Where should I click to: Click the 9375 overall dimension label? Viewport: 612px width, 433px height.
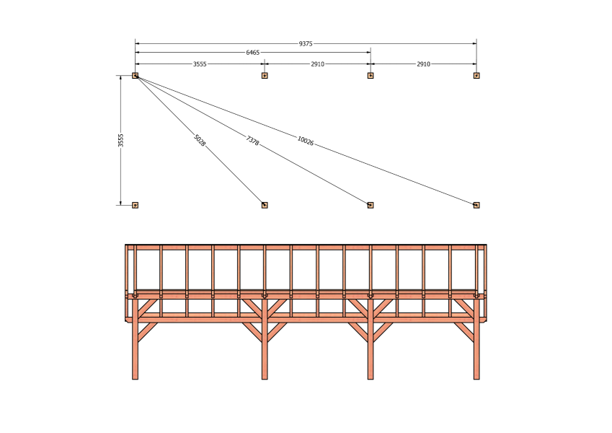click(x=306, y=44)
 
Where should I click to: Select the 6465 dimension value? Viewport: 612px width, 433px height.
click(x=252, y=53)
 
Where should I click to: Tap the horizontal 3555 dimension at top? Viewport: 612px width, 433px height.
click(x=200, y=64)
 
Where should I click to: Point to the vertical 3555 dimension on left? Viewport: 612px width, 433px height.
click(x=121, y=141)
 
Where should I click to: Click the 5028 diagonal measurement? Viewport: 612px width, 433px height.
click(x=200, y=140)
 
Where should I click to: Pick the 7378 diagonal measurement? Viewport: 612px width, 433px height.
click(x=252, y=141)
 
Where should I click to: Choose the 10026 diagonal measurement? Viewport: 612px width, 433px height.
click(x=306, y=141)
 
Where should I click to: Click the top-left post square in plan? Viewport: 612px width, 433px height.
click(x=135, y=76)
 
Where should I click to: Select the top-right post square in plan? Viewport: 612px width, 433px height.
click(x=476, y=76)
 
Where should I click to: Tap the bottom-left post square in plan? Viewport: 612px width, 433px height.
click(x=135, y=205)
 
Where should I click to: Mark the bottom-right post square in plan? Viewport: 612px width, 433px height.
click(x=476, y=205)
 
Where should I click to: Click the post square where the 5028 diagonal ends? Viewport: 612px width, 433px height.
click(x=265, y=205)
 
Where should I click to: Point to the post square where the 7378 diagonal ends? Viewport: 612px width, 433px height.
click(x=371, y=205)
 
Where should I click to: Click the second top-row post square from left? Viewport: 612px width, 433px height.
click(x=265, y=76)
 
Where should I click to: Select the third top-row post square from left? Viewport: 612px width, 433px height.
click(x=371, y=76)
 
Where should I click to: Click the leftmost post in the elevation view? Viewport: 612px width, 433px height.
click(x=135, y=337)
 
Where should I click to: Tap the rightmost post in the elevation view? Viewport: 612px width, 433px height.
click(x=476, y=337)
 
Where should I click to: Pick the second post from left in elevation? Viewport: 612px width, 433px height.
click(x=265, y=337)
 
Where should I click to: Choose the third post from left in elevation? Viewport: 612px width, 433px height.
click(x=371, y=337)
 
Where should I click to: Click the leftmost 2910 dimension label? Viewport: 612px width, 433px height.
click(x=318, y=64)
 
